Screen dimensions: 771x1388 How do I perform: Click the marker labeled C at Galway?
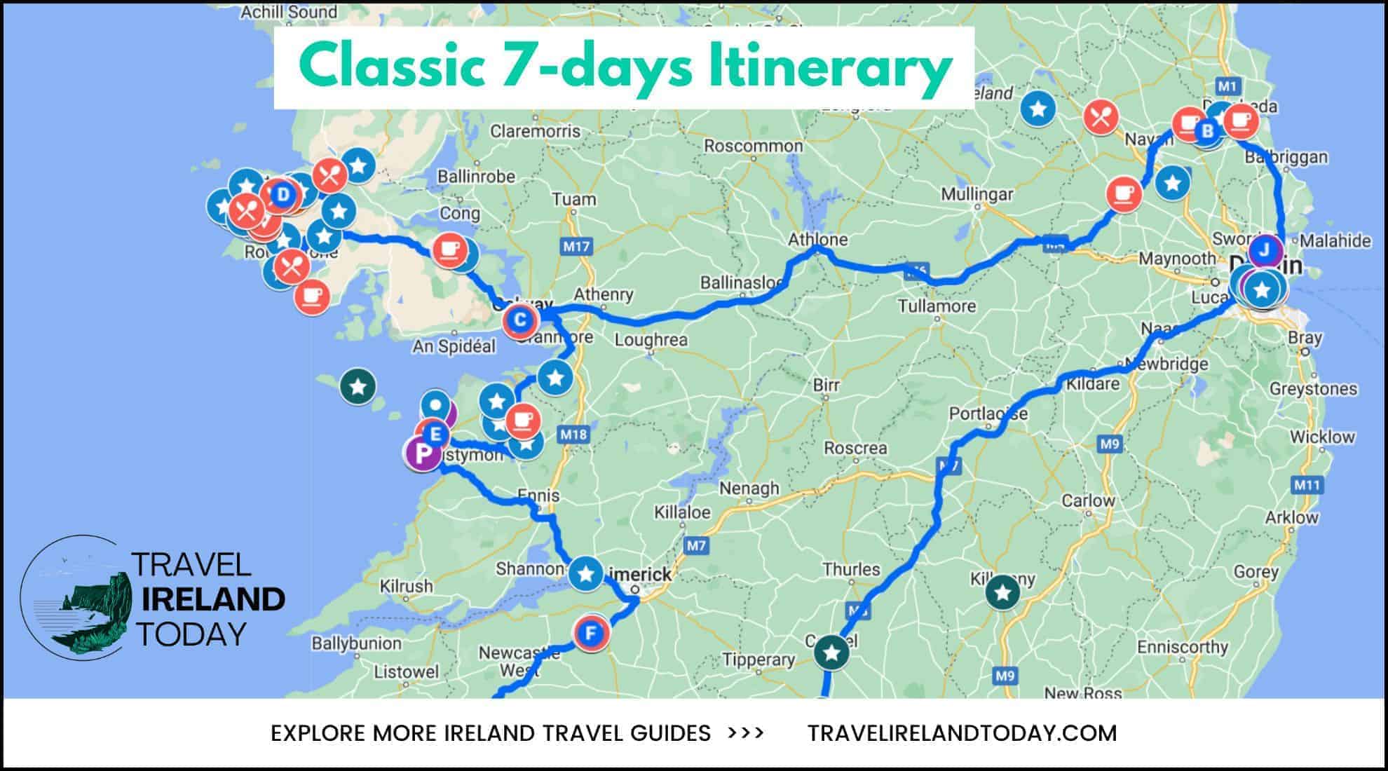(x=520, y=321)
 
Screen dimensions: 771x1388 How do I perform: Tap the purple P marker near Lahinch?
(x=422, y=453)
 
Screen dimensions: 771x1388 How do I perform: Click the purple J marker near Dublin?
(x=1265, y=250)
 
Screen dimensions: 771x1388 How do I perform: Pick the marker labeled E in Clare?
(x=435, y=434)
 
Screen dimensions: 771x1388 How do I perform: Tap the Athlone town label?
(x=817, y=240)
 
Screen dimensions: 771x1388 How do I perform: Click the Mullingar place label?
(x=977, y=194)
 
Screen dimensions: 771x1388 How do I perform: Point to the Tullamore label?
(x=937, y=306)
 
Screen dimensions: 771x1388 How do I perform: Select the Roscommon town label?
(x=753, y=146)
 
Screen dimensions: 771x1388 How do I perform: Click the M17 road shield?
(x=576, y=246)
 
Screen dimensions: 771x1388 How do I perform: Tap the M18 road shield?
(x=573, y=435)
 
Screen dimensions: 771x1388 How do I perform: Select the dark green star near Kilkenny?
(x=1002, y=592)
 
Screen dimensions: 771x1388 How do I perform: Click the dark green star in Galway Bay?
(x=358, y=386)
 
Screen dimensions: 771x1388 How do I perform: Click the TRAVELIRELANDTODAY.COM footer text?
(x=962, y=733)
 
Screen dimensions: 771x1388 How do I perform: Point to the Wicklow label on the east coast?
(x=1322, y=437)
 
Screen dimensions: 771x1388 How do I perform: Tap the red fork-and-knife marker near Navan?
(x=1101, y=116)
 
